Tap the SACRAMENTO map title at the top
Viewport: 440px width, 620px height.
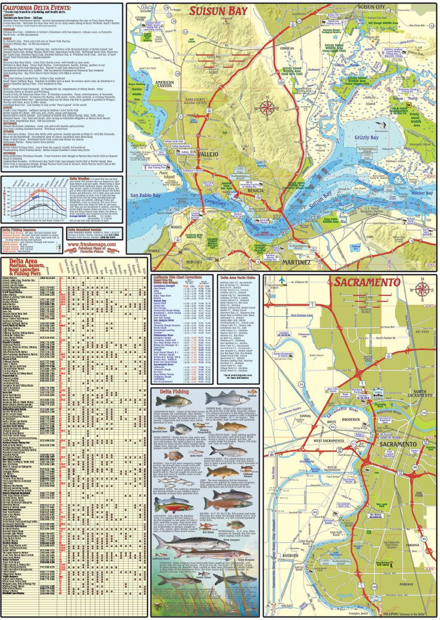click(367, 283)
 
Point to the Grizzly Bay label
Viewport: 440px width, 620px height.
click(369, 138)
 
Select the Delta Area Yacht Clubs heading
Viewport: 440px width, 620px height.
click(239, 277)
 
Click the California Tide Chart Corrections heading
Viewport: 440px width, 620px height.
click(181, 277)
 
